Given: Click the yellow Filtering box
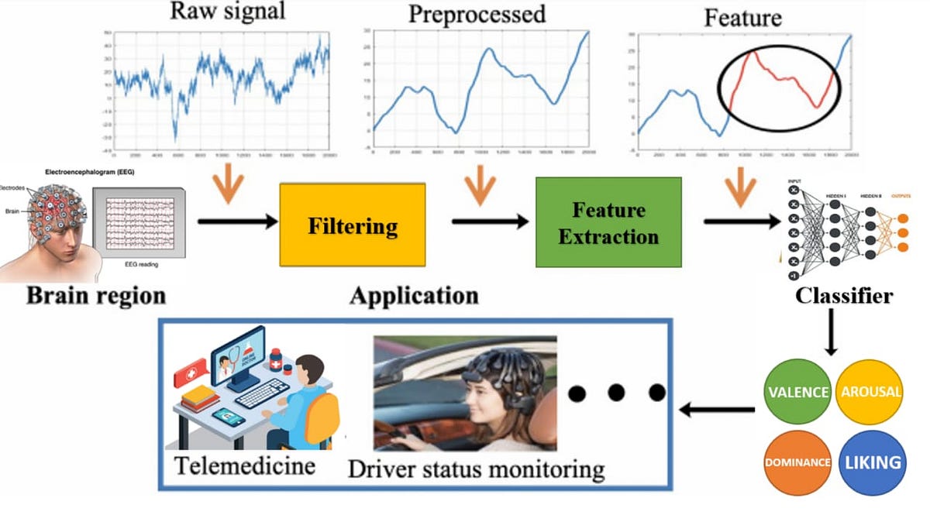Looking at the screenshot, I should (x=353, y=225).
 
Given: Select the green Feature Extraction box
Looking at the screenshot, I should (x=608, y=222).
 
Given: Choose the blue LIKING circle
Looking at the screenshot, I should (x=873, y=463).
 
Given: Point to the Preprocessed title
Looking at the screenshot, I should (x=477, y=14).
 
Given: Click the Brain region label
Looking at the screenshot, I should (x=96, y=296).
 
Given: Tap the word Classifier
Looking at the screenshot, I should (x=844, y=295).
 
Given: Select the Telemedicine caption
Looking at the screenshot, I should (x=245, y=465).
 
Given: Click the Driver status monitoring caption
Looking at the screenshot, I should (x=476, y=468).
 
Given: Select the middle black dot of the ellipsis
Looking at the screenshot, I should (x=616, y=393).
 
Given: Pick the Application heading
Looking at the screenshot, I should (x=414, y=295).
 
